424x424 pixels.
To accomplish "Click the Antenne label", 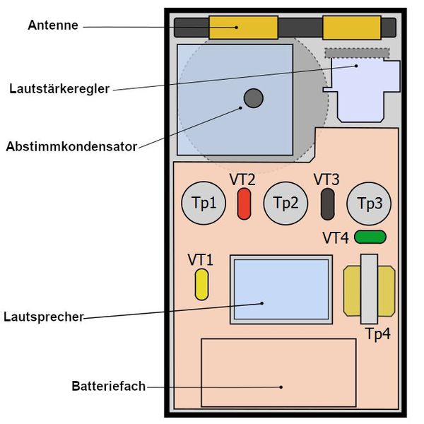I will pyautogui.click(x=52, y=25).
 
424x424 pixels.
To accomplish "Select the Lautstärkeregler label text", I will pyautogui.click(x=59, y=89).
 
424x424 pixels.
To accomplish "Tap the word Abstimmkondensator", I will pyautogui.click(x=71, y=147).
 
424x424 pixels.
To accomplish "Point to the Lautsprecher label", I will pyautogui.click(x=43, y=317).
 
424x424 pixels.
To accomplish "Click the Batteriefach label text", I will pyautogui.click(x=108, y=386).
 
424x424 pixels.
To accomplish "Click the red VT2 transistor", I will pyautogui.click(x=244, y=204).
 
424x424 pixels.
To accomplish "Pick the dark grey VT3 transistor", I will pyautogui.click(x=327, y=204).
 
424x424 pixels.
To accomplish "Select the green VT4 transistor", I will pyautogui.click(x=370, y=237).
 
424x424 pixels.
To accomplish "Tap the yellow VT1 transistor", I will pyautogui.click(x=201, y=284).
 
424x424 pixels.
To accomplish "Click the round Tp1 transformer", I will pyautogui.click(x=204, y=204).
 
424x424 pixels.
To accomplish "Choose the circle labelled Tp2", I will pyautogui.click(x=285, y=204).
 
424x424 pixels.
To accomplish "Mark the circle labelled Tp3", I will pyautogui.click(x=369, y=204).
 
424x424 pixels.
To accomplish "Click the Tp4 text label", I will pyautogui.click(x=377, y=334).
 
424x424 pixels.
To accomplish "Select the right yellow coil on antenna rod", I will pyautogui.click(x=352, y=28).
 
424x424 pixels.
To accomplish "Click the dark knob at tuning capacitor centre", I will pyautogui.click(x=253, y=98).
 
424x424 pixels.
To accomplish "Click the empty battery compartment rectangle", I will pyautogui.click(x=278, y=372).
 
